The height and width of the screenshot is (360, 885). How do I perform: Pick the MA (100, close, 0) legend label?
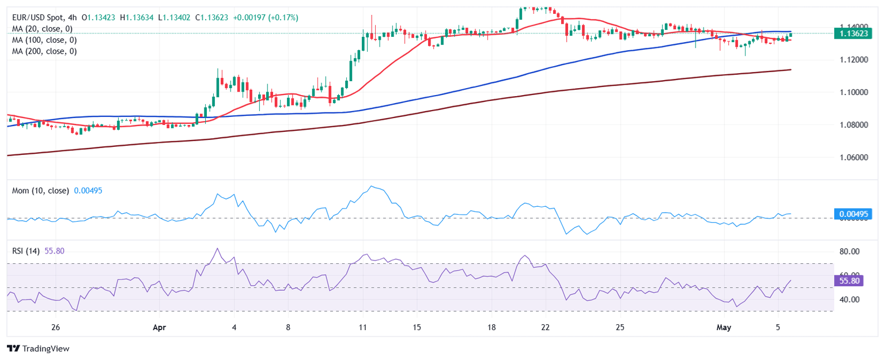pyautogui.click(x=44, y=40)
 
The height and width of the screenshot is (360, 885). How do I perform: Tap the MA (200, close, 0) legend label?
pyautogui.click(x=44, y=51)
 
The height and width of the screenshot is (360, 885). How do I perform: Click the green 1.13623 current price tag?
pyautogui.click(x=852, y=33)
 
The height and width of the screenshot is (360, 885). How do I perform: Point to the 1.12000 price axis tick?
pyautogui.click(x=852, y=60)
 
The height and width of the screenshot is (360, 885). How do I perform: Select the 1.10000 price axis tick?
pyautogui.click(x=852, y=92)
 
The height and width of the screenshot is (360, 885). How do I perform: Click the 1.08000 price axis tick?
pyautogui.click(x=852, y=125)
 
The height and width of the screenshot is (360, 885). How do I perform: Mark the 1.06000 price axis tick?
pyautogui.click(x=852, y=157)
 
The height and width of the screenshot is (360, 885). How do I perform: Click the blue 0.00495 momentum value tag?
pyautogui.click(x=853, y=214)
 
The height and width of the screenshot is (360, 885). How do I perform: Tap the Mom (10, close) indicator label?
pyautogui.click(x=40, y=191)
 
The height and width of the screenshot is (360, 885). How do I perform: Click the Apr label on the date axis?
pyautogui.click(x=160, y=328)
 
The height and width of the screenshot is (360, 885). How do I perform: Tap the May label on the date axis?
pyautogui.click(x=724, y=328)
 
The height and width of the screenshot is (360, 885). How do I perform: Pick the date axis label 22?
pyautogui.click(x=546, y=328)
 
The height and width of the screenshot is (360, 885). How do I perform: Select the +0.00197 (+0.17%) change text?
pyautogui.click(x=266, y=18)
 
